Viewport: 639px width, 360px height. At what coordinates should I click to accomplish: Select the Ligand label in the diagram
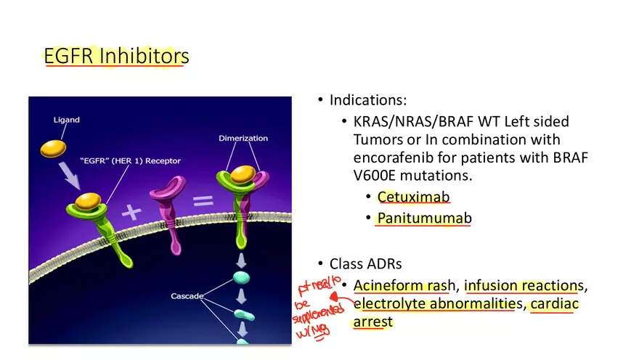(66, 119)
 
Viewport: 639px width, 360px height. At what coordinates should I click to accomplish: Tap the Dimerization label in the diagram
(243, 138)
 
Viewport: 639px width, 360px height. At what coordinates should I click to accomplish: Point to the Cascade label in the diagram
(187, 296)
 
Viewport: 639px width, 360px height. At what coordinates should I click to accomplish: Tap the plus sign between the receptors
(131, 213)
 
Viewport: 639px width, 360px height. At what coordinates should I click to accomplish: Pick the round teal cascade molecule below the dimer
(242, 277)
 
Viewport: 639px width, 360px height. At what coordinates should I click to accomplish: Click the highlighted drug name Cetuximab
(413, 197)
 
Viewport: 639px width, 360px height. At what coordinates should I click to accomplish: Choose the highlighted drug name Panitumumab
(424, 218)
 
